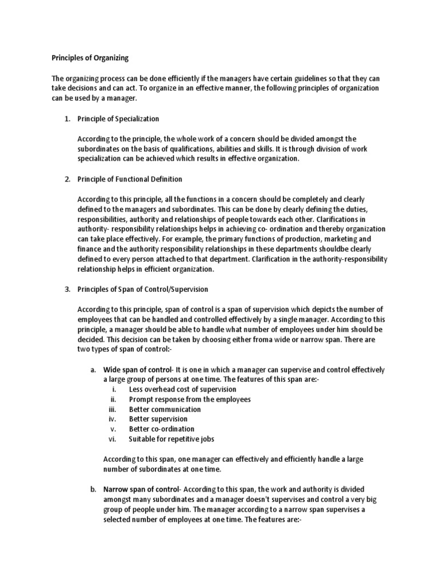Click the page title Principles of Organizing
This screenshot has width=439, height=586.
click(90, 58)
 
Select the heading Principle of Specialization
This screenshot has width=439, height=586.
click(118, 118)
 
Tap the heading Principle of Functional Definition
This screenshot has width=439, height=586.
click(130, 179)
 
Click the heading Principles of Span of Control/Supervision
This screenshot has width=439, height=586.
click(143, 290)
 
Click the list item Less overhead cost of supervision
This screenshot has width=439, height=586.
click(178, 390)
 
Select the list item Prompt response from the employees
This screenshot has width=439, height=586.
click(190, 399)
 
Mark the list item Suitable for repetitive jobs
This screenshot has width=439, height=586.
click(171, 439)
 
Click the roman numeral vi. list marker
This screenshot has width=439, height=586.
click(112, 439)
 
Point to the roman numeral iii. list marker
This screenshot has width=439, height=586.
click(112, 409)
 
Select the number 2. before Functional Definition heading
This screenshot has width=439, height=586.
click(67, 179)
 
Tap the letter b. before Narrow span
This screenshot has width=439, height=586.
click(93, 489)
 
